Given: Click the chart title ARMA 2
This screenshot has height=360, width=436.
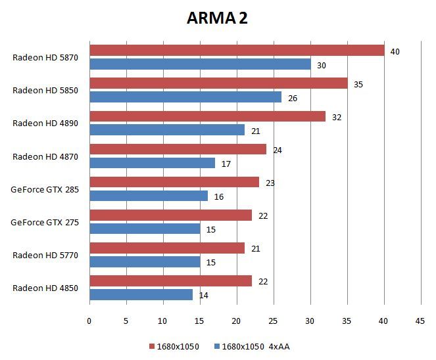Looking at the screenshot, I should click(216, 18).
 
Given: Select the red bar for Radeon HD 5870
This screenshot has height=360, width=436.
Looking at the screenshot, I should click(237, 51).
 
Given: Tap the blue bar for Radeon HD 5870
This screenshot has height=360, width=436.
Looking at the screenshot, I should click(200, 64).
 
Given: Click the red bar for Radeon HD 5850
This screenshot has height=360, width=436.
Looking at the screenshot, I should click(218, 83).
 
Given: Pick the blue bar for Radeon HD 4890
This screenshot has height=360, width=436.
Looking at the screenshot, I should click(167, 130).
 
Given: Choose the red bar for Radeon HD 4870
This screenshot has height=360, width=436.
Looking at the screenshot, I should click(178, 149).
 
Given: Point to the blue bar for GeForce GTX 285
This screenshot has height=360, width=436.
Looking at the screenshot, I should click(149, 196).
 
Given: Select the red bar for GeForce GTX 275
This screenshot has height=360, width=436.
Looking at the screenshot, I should click(170, 215).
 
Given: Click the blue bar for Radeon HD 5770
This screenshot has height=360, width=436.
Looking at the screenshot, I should click(145, 261).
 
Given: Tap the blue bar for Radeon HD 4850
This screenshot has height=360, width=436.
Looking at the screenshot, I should click(141, 294).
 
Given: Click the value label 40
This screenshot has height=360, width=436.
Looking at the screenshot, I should click(395, 51).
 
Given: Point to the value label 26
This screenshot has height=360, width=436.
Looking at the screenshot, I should click(292, 98).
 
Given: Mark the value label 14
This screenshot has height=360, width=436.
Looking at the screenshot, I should click(204, 296).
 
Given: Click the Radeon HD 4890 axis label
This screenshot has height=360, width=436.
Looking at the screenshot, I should click(45, 123).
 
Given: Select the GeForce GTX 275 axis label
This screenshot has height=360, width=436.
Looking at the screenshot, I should click(45, 222).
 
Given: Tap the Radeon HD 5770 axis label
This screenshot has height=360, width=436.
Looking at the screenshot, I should click(45, 255).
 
